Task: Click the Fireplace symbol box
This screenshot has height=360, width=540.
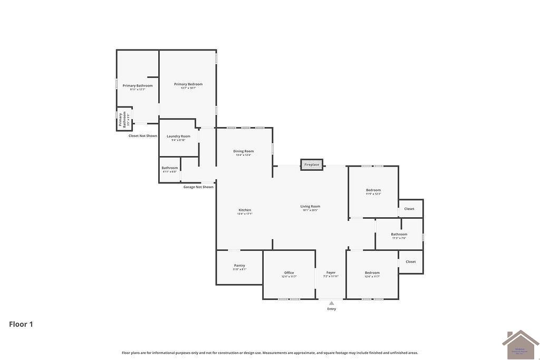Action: pyautogui.click(x=312, y=164)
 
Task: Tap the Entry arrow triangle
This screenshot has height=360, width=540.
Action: pyautogui.click(x=331, y=303)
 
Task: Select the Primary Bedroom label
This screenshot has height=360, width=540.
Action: pyautogui.click(x=188, y=84)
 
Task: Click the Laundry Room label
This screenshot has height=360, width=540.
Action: pyautogui.click(x=178, y=137)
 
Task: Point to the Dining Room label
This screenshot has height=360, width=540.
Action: pyautogui.click(x=244, y=151)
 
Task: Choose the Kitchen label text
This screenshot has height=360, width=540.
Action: pyautogui.click(x=245, y=210)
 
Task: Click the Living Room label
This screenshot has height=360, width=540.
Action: pyautogui.click(x=311, y=207)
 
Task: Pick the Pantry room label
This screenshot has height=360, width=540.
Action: pyautogui.click(x=239, y=266)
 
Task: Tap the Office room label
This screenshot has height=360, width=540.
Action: pyautogui.click(x=289, y=273)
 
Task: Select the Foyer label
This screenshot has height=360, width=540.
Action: pyautogui.click(x=331, y=273)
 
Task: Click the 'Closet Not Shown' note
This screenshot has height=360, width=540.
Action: pyautogui.click(x=143, y=136)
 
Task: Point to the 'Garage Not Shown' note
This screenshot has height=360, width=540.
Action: pyautogui.click(x=198, y=187)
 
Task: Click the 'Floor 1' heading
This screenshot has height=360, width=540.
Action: pyautogui.click(x=21, y=324)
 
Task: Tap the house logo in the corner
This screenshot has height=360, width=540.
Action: pyautogui.click(x=520, y=345)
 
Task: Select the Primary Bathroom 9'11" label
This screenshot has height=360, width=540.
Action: pyautogui.click(x=138, y=86)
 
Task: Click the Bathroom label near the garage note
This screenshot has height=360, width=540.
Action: pyautogui.click(x=170, y=168)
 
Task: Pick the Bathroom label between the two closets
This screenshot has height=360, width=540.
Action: pyautogui.click(x=399, y=235)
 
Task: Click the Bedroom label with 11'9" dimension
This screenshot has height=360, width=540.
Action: pyautogui.click(x=373, y=190)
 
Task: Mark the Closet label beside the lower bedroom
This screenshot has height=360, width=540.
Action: pyautogui.click(x=411, y=262)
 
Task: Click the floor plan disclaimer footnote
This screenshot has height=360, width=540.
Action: pyautogui.click(x=270, y=353)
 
